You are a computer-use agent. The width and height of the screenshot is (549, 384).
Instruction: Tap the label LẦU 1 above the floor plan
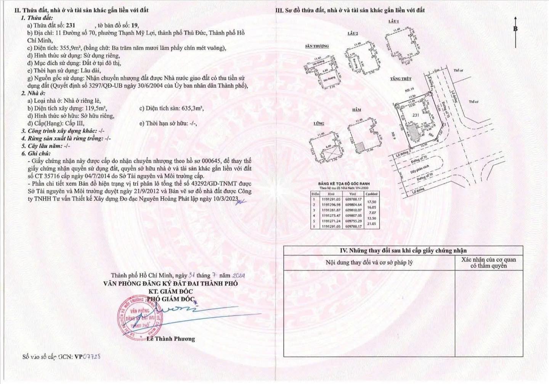[x=393, y=22]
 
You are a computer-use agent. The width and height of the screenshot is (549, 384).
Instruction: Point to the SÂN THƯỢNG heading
[x=316, y=46]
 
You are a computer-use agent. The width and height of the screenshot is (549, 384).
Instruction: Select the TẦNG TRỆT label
[x=401, y=79]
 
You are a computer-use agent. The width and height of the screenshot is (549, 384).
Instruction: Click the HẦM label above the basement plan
[x=356, y=110]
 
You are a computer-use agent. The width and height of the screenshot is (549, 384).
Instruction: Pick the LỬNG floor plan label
[x=319, y=124]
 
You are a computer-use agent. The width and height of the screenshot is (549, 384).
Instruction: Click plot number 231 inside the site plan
[x=416, y=115]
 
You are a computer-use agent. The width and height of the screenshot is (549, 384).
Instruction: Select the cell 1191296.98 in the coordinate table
[x=329, y=205]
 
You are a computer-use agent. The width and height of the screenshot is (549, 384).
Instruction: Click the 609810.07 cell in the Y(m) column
[x=353, y=210]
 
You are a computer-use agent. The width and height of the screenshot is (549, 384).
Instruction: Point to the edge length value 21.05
[x=371, y=224]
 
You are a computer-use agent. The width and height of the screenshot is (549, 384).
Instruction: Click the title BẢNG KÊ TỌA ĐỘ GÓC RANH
[x=344, y=184]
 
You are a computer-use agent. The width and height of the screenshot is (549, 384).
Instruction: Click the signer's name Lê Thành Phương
[x=171, y=339]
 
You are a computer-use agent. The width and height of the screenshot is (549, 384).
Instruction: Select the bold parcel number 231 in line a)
[x=71, y=25]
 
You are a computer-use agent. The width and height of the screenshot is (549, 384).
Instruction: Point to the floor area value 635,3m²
[x=193, y=108]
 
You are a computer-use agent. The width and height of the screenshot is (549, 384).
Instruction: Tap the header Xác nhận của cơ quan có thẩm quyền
[x=488, y=263]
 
